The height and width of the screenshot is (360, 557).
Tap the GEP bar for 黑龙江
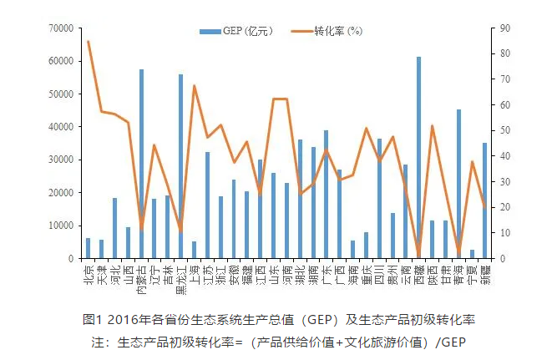(x=180, y=166)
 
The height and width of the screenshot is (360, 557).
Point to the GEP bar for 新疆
(x=484, y=200)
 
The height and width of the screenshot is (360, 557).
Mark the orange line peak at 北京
(x=88, y=41)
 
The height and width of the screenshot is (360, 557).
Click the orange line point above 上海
(x=194, y=85)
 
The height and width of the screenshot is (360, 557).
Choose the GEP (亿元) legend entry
(x=230, y=31)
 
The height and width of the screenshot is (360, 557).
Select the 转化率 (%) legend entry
(x=326, y=31)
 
